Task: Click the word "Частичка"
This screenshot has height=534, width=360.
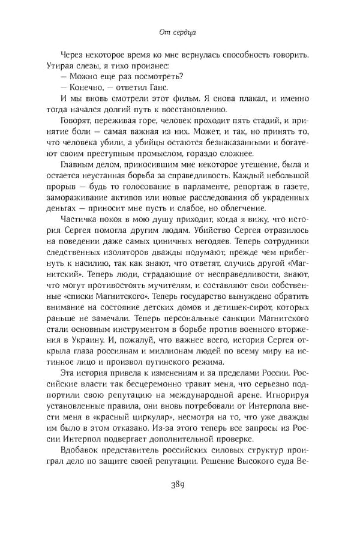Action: (x=82, y=221)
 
